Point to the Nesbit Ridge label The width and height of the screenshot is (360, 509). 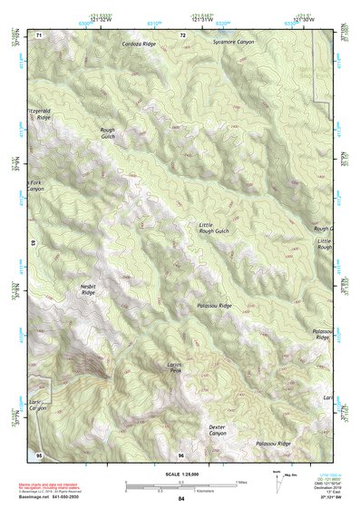click(88, 289)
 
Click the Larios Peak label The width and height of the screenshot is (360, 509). click(175, 367)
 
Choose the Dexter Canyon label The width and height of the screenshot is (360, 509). click(217, 429)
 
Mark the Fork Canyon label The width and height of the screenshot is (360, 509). click(35, 185)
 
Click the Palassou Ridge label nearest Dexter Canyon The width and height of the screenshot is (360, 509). click(273, 443)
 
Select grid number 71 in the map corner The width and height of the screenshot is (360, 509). click(39, 34)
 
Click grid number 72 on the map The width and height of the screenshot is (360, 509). click(182, 34)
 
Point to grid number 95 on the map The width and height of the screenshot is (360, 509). click(39, 454)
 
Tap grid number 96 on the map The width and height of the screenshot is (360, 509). click(181, 455)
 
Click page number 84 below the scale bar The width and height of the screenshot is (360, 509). click(181, 499)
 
